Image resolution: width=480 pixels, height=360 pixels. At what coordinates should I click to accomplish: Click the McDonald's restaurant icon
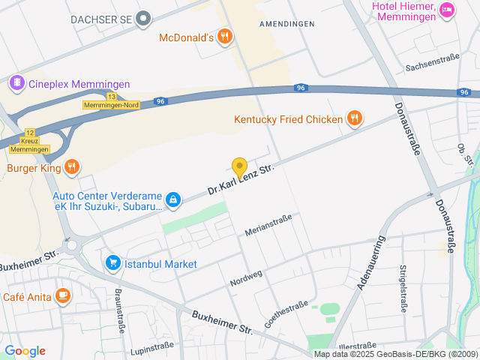pyautogui.click(x=224, y=37)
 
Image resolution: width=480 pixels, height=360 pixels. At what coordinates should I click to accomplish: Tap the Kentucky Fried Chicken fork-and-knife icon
pyautogui.click(x=355, y=118)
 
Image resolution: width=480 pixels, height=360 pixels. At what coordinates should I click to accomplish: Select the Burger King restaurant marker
pyautogui.click(x=71, y=167)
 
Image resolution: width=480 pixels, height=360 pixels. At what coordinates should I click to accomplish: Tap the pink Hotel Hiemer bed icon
pyautogui.click(x=447, y=10)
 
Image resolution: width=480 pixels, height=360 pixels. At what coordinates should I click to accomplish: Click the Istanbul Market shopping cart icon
pyautogui.click(x=112, y=262)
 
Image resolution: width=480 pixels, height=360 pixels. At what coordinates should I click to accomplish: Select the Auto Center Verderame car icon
pyautogui.click(x=173, y=199)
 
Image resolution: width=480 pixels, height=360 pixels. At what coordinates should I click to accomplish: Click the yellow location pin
pyautogui.click(x=239, y=168)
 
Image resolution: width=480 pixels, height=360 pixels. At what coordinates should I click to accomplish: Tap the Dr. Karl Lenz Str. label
pyautogui.click(x=241, y=180)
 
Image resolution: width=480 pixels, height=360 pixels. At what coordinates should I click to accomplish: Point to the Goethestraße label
pyautogui.click(x=286, y=314)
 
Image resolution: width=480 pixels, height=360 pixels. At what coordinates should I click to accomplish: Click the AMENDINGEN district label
pyautogui.click(x=286, y=24)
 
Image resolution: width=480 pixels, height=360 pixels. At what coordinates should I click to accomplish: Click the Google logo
pyautogui.click(x=25, y=351)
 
